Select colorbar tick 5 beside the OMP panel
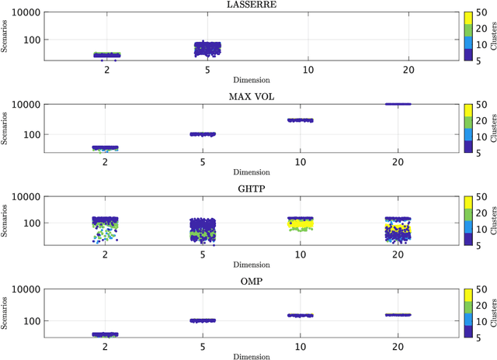[481, 337]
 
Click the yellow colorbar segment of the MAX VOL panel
[467, 110]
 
